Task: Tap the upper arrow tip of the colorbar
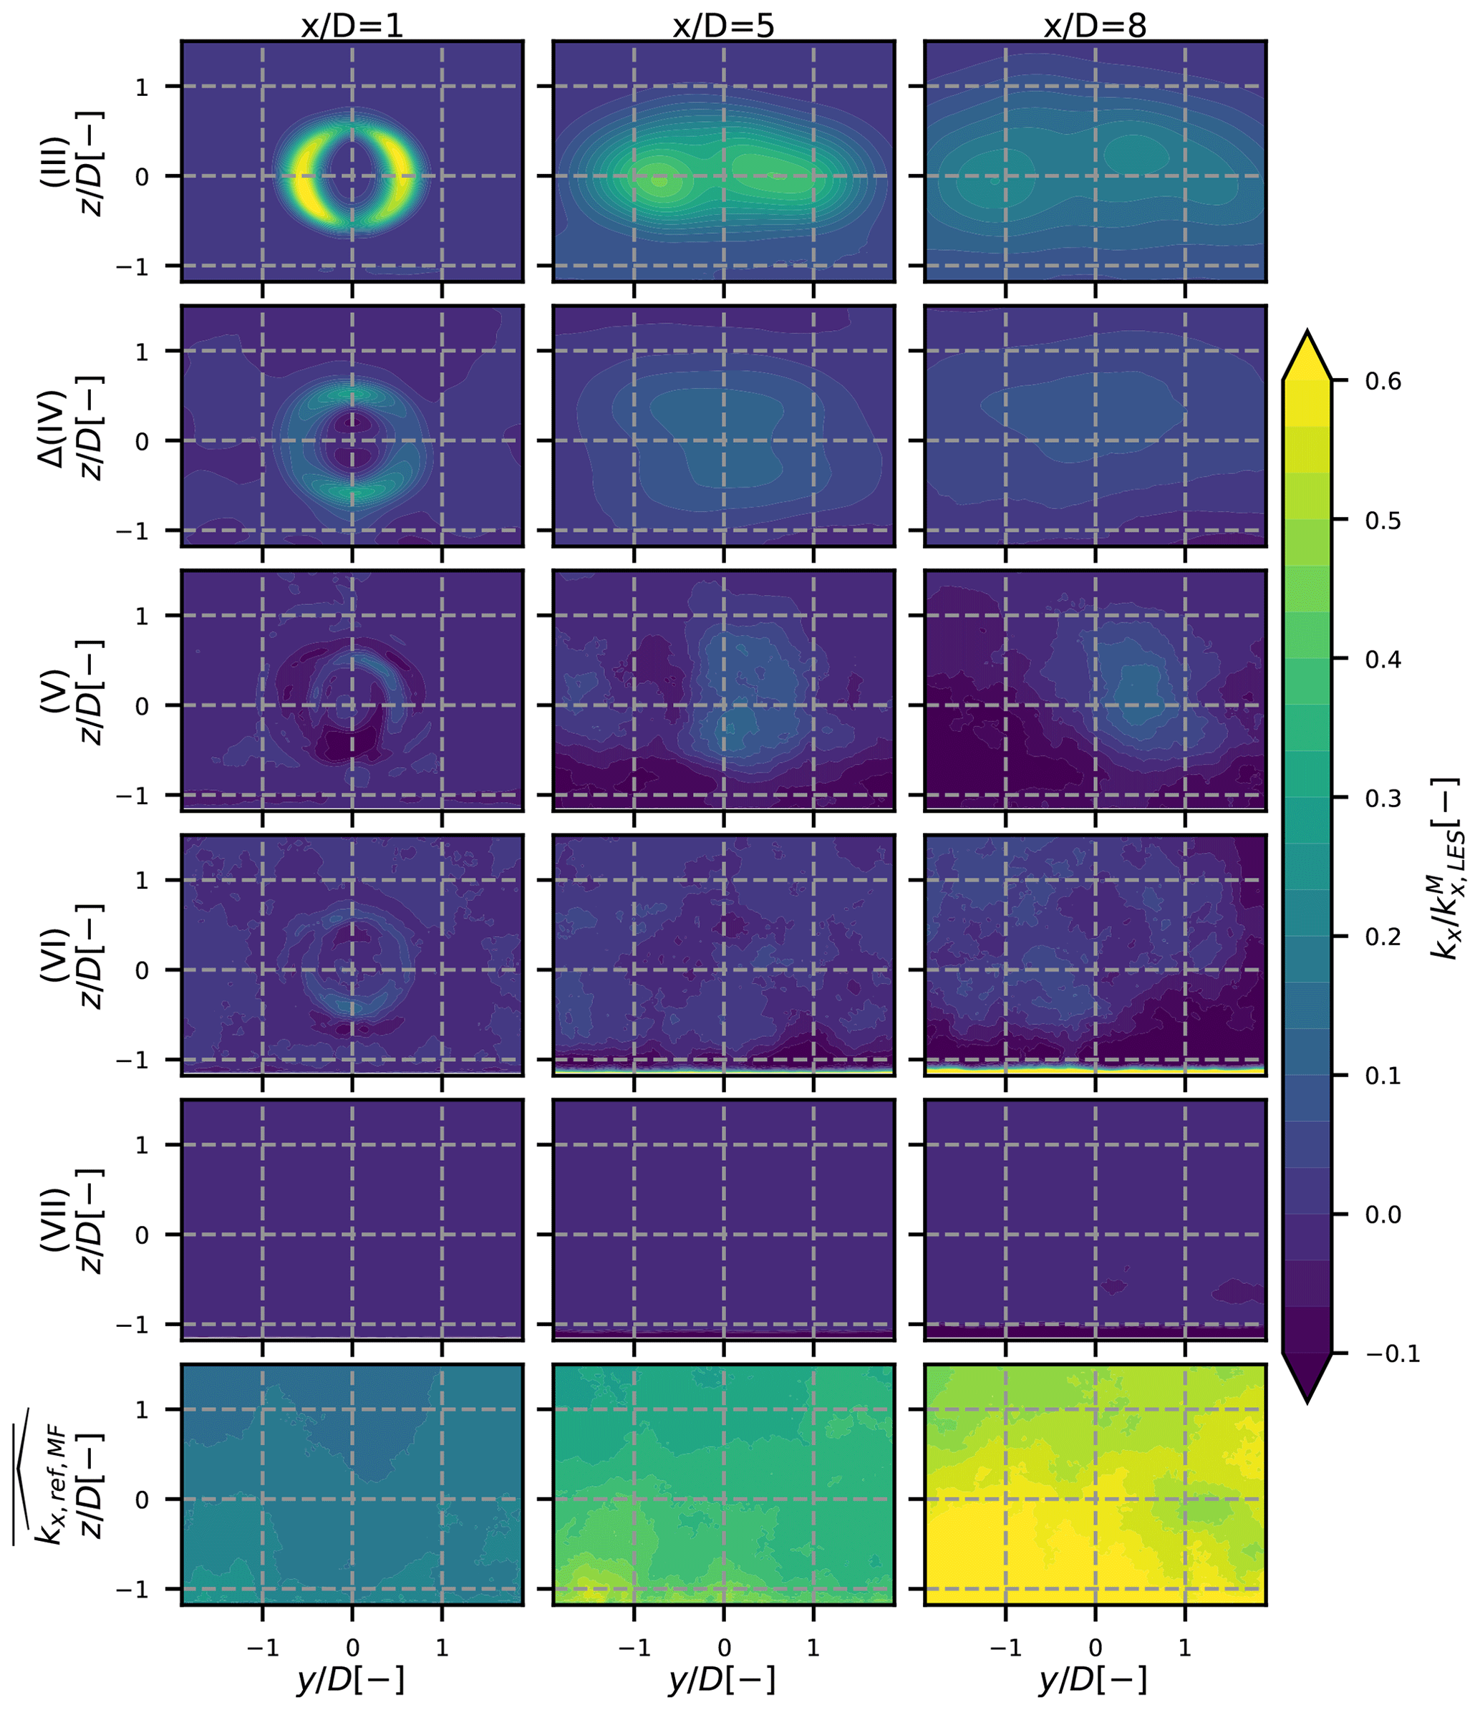[x=1307, y=332]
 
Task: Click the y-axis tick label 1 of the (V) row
[x=142, y=617]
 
